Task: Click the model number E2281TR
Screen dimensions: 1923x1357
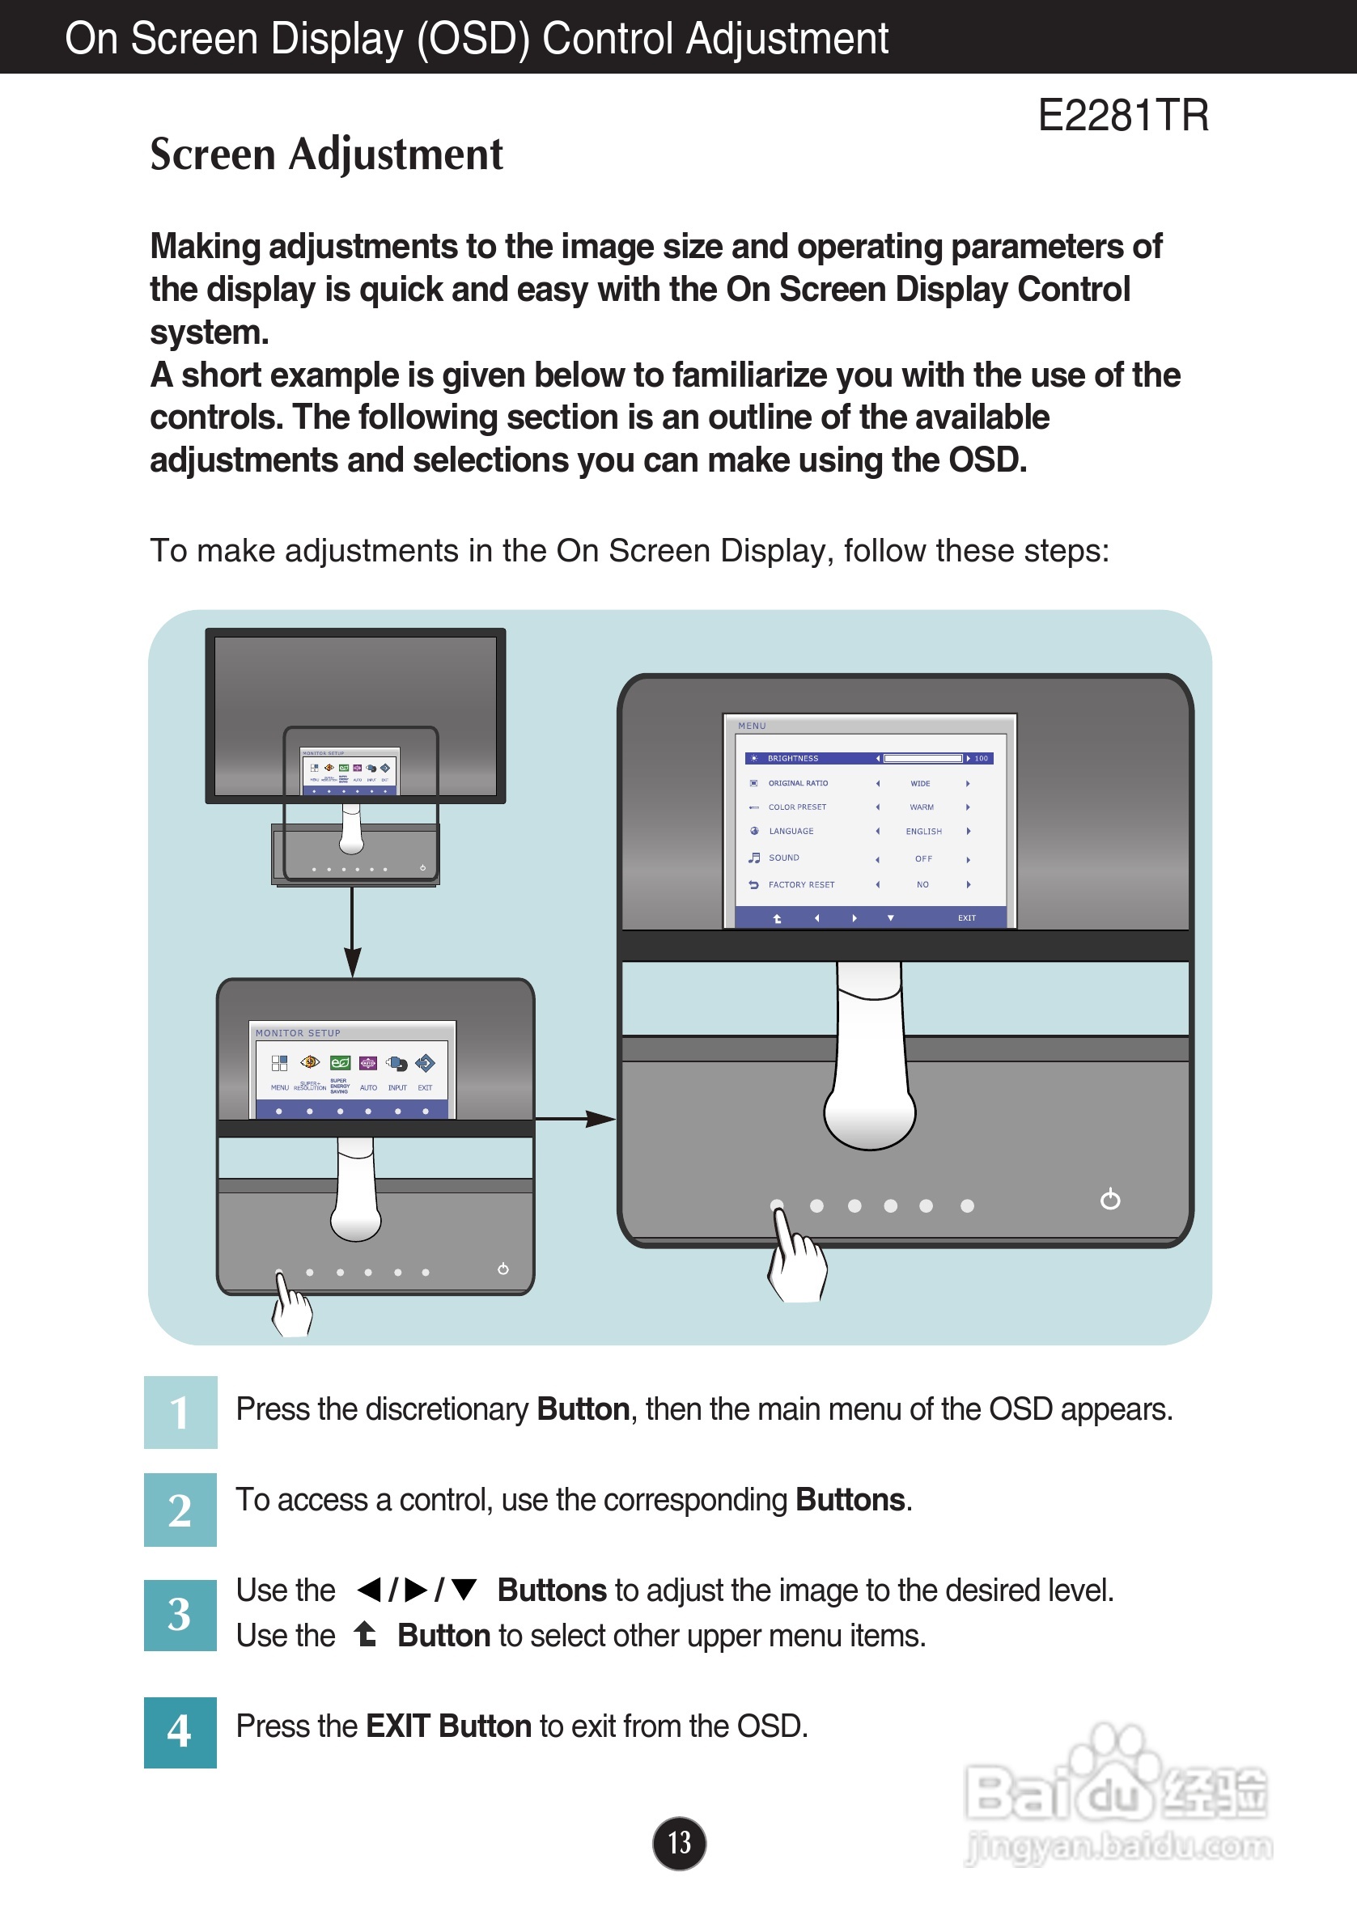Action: pos(1122,116)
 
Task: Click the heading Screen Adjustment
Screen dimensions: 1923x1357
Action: pos(326,155)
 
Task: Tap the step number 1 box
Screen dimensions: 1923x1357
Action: pos(180,1412)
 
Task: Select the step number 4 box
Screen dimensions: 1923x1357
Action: pos(180,1731)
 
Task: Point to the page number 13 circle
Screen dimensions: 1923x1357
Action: pos(678,1843)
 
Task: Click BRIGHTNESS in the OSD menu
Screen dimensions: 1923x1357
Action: pos(792,758)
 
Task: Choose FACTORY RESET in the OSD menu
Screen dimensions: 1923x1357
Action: pos(801,884)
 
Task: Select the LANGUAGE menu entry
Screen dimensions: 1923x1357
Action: pos(791,831)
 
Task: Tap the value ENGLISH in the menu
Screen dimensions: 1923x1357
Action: pos(923,832)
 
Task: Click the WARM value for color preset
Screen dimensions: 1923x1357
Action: pos(922,807)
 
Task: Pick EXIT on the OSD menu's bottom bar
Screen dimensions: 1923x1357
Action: pos(967,918)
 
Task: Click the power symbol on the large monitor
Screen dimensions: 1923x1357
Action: pos(1110,1201)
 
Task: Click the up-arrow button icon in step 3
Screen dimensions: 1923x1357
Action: pos(365,1634)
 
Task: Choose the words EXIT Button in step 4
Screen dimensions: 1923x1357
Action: pos(449,1726)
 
